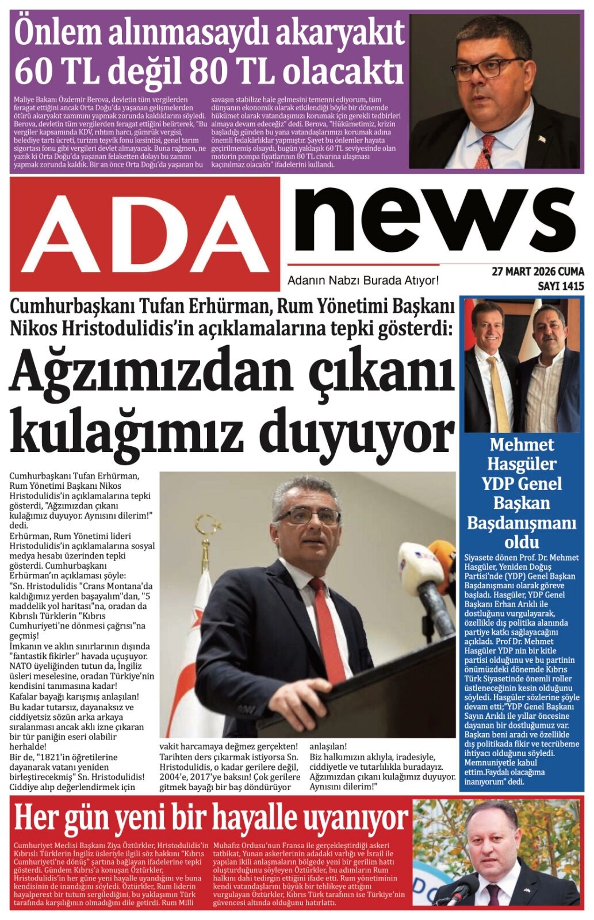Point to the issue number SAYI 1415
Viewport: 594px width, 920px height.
point(561,286)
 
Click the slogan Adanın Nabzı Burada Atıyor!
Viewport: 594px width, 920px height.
point(363,281)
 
